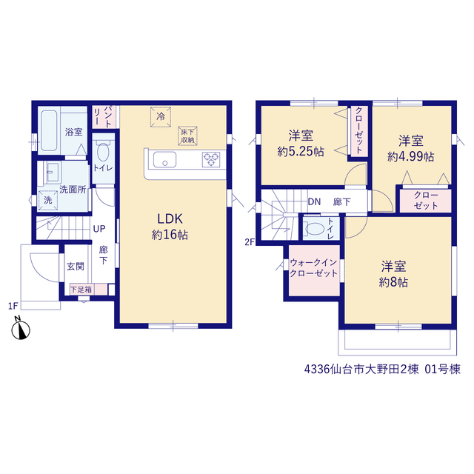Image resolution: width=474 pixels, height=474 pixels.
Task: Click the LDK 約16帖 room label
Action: point(170,227)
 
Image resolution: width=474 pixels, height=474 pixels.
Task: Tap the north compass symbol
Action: point(21,328)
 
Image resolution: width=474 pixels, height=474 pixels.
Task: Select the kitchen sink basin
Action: point(164,159)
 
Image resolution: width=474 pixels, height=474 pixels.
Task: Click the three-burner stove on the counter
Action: point(211,159)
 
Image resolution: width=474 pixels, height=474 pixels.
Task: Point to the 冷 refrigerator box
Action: point(161,117)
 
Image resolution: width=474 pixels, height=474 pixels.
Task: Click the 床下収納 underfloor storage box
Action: point(187,136)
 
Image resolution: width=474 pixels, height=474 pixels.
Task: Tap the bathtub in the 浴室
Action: point(49,130)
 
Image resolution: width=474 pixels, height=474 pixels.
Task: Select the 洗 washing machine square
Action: point(48,200)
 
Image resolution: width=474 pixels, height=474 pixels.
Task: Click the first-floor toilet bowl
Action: point(103,153)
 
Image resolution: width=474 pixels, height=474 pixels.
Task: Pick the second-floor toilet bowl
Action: point(315,229)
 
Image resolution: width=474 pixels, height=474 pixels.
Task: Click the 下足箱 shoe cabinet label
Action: point(81,290)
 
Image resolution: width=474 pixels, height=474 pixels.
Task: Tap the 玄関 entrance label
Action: point(76,267)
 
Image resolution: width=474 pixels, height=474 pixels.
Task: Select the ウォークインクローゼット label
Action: point(313,268)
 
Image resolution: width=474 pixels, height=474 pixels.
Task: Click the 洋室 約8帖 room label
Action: point(393,274)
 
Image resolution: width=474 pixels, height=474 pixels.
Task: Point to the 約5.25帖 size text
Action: point(301,151)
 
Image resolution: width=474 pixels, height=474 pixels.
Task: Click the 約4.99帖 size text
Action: point(410,156)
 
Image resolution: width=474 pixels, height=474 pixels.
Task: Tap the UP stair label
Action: point(99,229)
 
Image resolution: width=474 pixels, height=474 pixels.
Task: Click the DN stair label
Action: point(314,201)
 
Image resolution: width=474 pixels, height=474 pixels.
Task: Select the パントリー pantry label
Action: point(103,116)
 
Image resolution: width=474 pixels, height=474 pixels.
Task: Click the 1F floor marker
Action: point(13,306)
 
